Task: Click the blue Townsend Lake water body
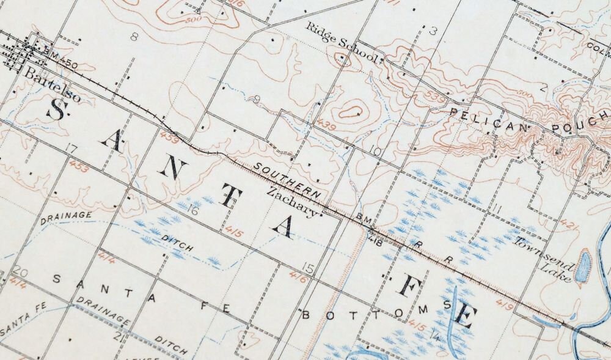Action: pyautogui.click(x=584, y=264)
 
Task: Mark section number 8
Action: pyautogui.click(x=134, y=36)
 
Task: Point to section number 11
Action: pyautogui.click(x=496, y=210)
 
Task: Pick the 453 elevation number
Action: pyautogui.click(x=78, y=166)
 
